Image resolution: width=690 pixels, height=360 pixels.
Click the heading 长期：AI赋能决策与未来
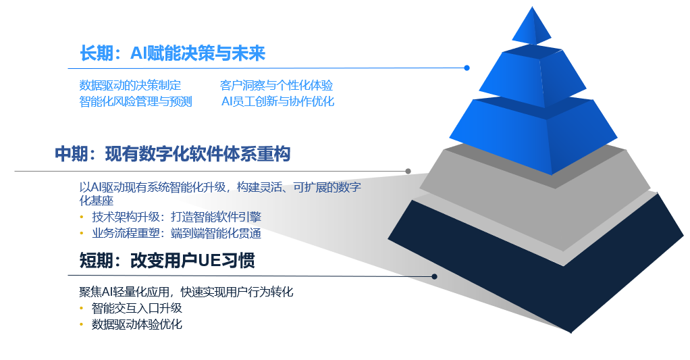(x=173, y=53)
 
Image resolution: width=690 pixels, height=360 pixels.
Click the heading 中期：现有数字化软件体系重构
(x=173, y=155)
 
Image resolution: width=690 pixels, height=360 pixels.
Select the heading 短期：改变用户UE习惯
(x=167, y=261)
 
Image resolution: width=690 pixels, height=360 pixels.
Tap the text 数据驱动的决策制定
(x=130, y=85)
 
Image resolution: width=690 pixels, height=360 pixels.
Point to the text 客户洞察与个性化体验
(x=276, y=85)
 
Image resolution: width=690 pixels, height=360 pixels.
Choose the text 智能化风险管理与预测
(x=136, y=102)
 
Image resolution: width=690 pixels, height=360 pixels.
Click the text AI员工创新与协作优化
(x=277, y=102)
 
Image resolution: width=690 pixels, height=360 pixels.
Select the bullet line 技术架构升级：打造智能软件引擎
(x=176, y=217)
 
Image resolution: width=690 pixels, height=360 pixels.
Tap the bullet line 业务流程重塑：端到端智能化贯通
(x=176, y=233)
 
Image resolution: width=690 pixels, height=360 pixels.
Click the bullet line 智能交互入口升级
(x=137, y=308)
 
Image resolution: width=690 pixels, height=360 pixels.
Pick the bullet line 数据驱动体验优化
(x=137, y=324)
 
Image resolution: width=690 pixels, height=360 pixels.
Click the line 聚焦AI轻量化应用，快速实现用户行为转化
(x=186, y=292)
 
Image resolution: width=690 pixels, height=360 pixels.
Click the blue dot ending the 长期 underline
(x=467, y=68)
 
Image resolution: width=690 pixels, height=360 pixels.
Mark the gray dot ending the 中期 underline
(x=408, y=171)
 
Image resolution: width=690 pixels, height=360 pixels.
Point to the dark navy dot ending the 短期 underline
(x=434, y=276)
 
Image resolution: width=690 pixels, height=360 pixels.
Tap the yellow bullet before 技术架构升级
(x=82, y=217)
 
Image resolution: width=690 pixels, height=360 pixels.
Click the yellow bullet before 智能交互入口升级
(x=82, y=308)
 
